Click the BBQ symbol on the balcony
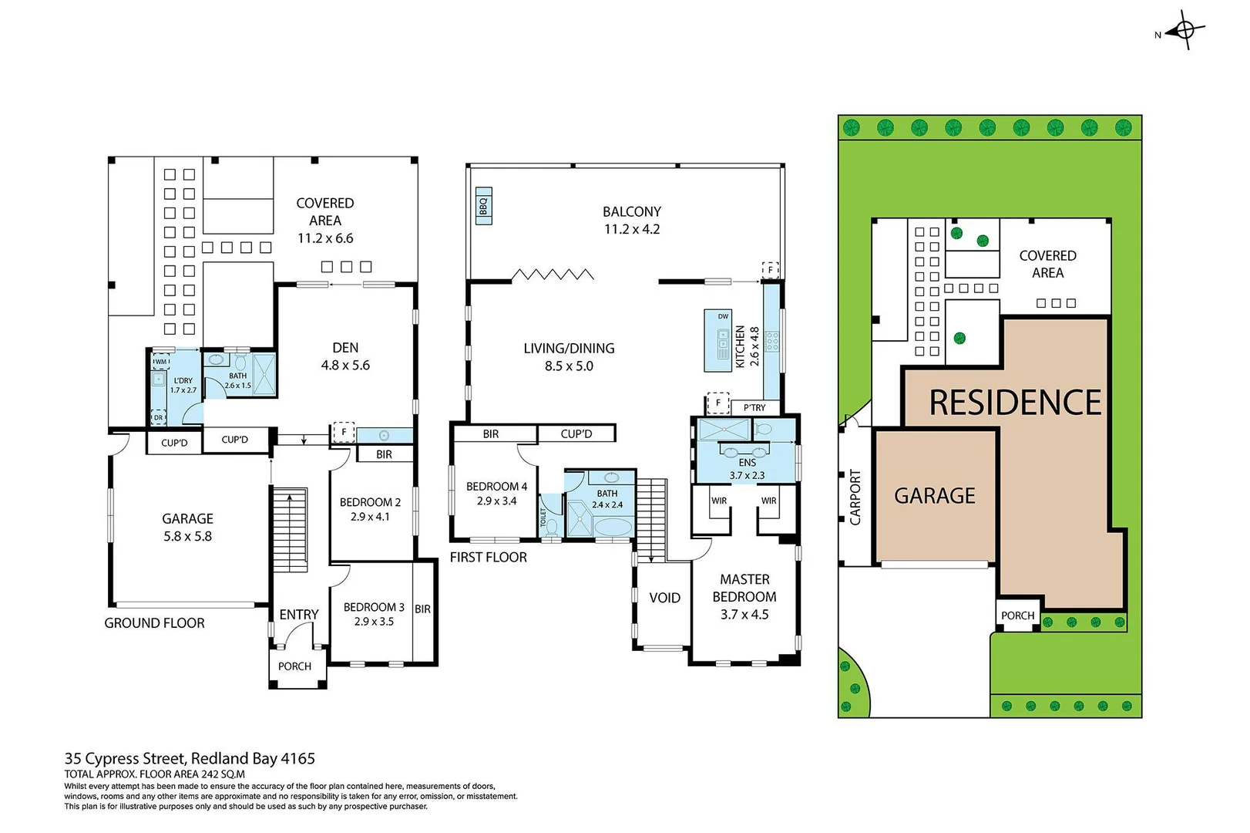pyautogui.click(x=484, y=206)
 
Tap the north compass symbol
pyautogui.click(x=1185, y=31)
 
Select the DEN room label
pyautogui.click(x=345, y=348)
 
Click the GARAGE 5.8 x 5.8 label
pyautogui.click(x=187, y=528)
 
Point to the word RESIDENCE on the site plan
pyautogui.click(x=1015, y=403)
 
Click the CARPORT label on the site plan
pyautogui.click(x=855, y=497)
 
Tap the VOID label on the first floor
pyautogui.click(x=664, y=598)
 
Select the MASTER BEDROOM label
pyautogui.click(x=744, y=588)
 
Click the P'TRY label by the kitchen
pyautogui.click(x=754, y=407)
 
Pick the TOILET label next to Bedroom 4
pyautogui.click(x=543, y=518)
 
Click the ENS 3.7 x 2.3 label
pyautogui.click(x=747, y=469)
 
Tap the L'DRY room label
pyautogui.click(x=183, y=381)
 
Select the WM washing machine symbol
pyautogui.click(x=161, y=362)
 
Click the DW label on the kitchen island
pyautogui.click(x=723, y=316)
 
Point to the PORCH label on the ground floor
pyautogui.click(x=294, y=666)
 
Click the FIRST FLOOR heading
pyautogui.click(x=489, y=557)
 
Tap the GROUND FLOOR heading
pyautogui.click(x=154, y=623)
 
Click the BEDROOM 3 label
pyautogui.click(x=374, y=607)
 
